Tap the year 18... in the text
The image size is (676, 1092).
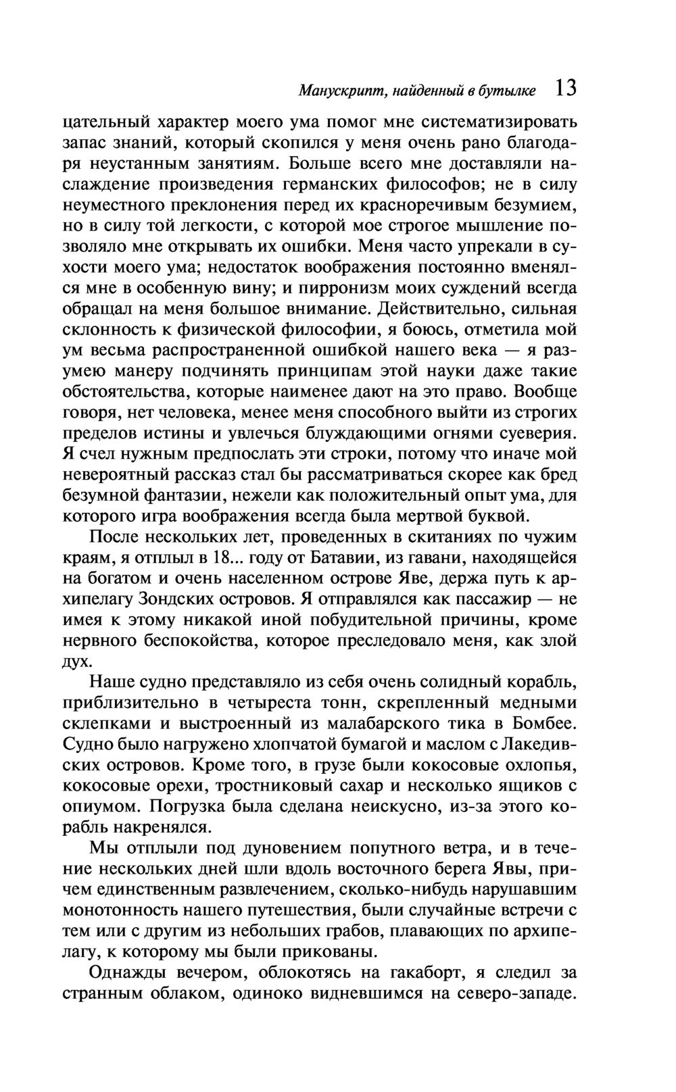(x=217, y=559)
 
